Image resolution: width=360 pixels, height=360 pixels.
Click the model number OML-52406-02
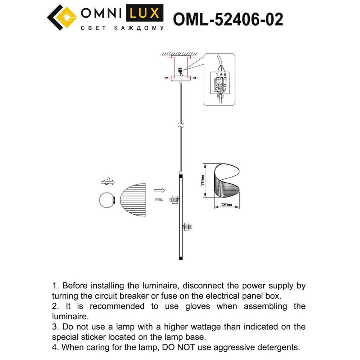pos(228,19)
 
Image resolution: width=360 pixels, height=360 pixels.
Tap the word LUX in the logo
pos(145,13)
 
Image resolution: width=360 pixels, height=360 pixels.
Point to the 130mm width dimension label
pos(226,204)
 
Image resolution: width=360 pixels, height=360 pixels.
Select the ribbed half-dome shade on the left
pos(133,200)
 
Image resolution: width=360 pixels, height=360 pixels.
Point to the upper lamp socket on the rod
pos(174,200)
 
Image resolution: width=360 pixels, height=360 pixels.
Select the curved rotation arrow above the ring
pos(108,182)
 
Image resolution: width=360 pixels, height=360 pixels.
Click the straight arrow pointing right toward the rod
pos(159,190)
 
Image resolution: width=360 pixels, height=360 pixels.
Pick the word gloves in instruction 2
pos(197,306)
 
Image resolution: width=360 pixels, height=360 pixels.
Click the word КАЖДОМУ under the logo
pos(139,28)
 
